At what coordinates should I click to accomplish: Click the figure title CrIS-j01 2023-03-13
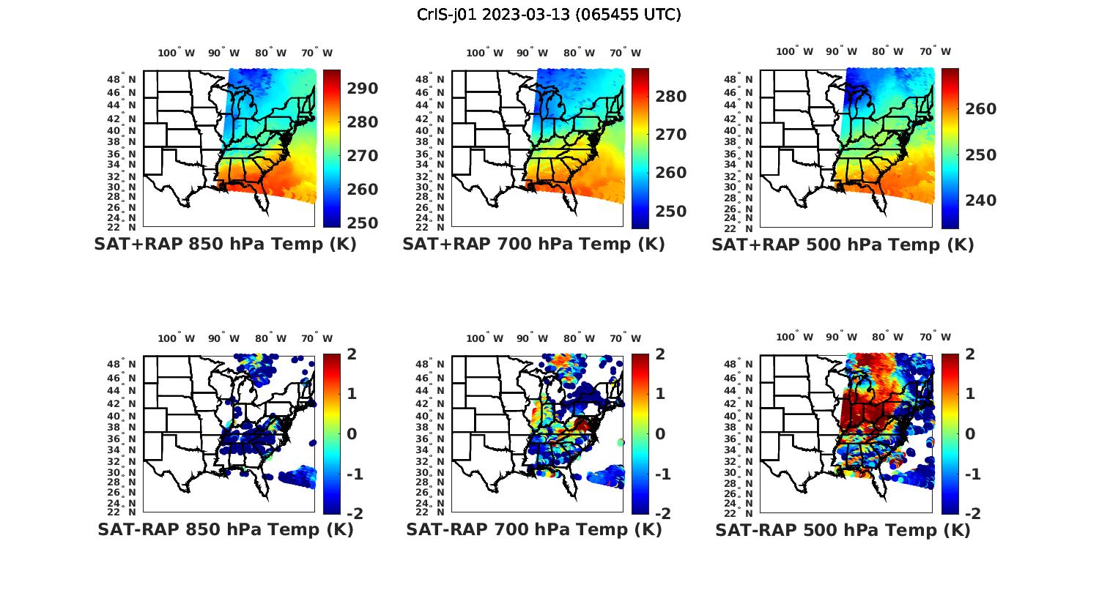[549, 14]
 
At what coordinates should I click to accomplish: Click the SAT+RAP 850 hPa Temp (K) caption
[225, 245]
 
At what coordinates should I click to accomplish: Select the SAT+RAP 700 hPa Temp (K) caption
[533, 245]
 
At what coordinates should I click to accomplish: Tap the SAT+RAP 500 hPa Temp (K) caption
[843, 245]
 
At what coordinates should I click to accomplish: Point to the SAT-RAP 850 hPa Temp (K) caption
[225, 529]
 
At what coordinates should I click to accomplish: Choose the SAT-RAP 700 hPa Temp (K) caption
[533, 529]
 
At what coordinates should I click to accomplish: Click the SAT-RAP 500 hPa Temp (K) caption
[843, 530]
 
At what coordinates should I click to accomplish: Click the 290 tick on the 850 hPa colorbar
[362, 89]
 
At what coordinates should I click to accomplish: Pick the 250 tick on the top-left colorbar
[362, 223]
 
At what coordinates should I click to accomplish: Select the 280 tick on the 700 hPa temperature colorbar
[670, 97]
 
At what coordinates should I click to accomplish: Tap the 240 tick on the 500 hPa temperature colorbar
[980, 201]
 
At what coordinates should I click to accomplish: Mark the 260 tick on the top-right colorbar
[980, 109]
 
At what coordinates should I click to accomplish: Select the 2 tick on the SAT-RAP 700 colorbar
[661, 354]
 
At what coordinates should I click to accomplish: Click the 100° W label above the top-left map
[176, 53]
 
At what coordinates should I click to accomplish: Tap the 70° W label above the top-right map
[935, 51]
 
